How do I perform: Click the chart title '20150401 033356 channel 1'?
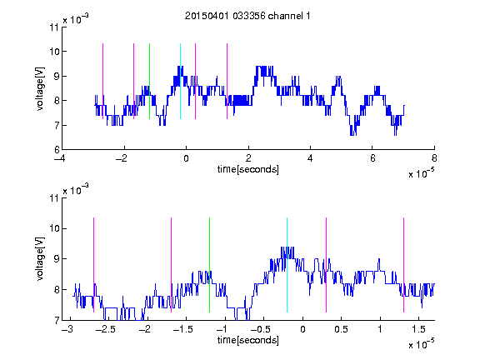(247, 16)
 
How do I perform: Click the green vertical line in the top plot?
(149, 81)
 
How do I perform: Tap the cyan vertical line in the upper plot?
(180, 81)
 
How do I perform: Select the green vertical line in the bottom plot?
(209, 265)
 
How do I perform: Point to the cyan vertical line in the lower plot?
(287, 265)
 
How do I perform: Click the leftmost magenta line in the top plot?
(102, 81)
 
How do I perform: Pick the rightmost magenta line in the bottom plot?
(403, 265)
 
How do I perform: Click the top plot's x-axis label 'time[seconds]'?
(248, 169)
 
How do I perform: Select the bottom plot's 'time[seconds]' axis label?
(248, 340)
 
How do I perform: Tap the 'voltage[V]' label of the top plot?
(40, 88)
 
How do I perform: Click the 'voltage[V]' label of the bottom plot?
(40, 259)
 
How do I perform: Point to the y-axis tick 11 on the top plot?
(54, 27)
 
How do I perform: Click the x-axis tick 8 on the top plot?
(434, 158)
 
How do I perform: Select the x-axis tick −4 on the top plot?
(59, 158)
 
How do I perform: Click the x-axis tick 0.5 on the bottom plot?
(341, 329)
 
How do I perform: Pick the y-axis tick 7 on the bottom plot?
(57, 321)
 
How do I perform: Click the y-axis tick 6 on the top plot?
(57, 150)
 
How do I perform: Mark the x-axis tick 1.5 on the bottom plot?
(418, 329)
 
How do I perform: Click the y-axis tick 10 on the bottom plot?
(54, 228)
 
